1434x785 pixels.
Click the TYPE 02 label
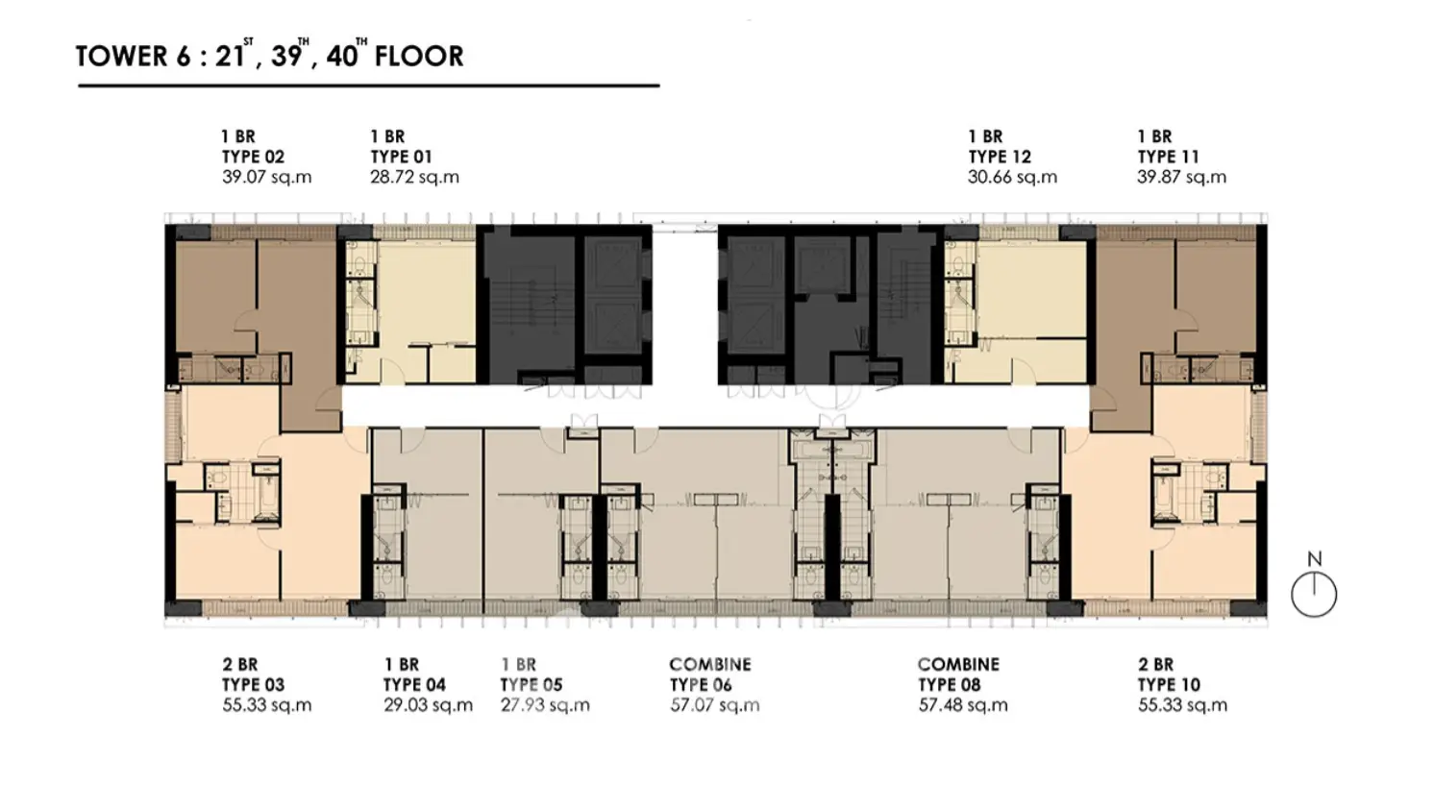[x=253, y=157]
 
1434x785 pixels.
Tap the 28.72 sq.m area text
[x=414, y=177]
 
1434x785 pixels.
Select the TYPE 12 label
[x=1000, y=157]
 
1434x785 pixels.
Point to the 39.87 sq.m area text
[x=1182, y=177]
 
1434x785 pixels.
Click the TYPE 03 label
[x=253, y=685]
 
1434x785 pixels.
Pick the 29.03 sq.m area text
[x=428, y=705]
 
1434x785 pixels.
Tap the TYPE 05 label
[x=532, y=685]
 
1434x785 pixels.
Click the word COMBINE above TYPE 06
[x=710, y=665]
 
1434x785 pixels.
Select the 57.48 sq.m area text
[x=963, y=705]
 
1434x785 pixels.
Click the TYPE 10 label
[x=1169, y=685]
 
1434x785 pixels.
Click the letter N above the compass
[x=1314, y=559]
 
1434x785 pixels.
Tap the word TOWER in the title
[x=122, y=57]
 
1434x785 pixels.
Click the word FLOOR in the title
[x=419, y=57]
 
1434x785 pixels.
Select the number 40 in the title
[x=341, y=57]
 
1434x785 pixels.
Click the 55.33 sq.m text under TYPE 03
[x=267, y=705]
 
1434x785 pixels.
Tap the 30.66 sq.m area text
[x=1012, y=177]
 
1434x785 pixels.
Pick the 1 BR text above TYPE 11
[x=1155, y=136]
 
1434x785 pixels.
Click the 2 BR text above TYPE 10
[x=1155, y=665]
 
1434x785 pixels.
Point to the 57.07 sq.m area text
[x=714, y=705]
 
